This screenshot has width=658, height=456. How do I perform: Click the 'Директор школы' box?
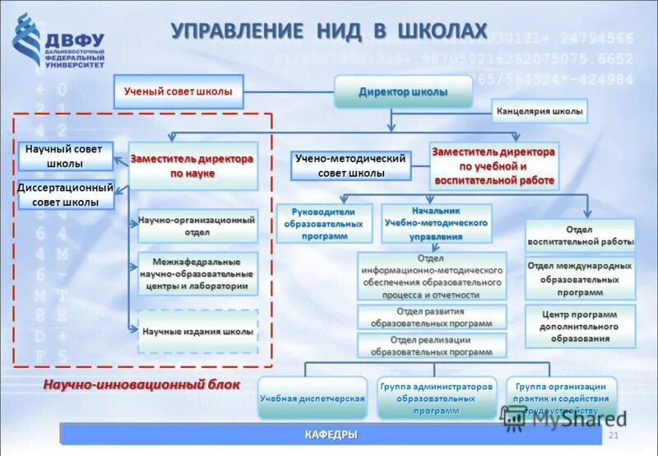point(403,92)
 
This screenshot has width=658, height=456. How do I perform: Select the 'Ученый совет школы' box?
point(178,92)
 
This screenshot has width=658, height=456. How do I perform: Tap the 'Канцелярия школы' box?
point(540,111)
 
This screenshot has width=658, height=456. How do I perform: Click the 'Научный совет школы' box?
point(64,156)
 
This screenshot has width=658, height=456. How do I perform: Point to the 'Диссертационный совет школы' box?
point(65,195)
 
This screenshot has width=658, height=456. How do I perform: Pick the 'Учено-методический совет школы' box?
point(351,166)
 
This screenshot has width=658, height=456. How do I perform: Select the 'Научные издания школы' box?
point(197,331)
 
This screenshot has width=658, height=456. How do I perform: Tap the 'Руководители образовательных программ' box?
point(323,223)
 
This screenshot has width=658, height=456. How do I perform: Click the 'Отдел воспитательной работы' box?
point(581,235)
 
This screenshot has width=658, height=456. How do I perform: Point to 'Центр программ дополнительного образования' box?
point(581,326)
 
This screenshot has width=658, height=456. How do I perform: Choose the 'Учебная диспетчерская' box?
point(313,398)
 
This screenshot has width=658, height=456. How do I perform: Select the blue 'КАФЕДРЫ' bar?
point(331,435)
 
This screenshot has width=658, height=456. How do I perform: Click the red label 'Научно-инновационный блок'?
point(141,384)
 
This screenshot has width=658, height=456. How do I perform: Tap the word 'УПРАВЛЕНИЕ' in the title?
point(237,31)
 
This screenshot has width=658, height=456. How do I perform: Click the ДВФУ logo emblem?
point(27,46)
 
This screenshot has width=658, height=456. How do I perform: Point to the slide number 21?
point(612,435)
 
